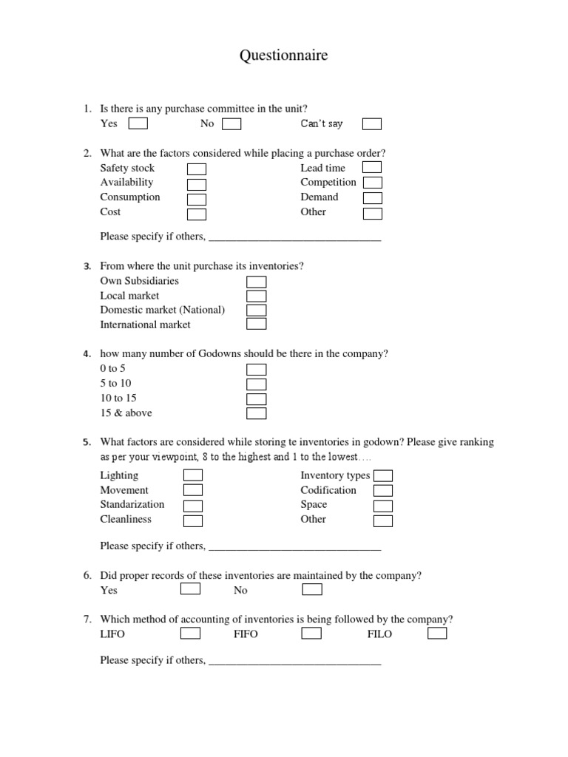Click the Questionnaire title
[x=283, y=55]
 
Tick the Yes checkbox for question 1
[x=138, y=123]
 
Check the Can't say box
[x=372, y=124]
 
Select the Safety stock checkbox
[x=196, y=169]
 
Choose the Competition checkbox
[x=372, y=183]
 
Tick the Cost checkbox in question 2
[x=196, y=214]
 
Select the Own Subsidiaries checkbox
[x=256, y=282]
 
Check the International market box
[x=256, y=325]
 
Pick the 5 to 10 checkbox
[x=256, y=384]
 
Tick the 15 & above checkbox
[x=256, y=413]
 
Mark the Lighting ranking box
[x=193, y=475]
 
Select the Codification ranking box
[x=382, y=491]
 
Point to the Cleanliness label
[x=126, y=519]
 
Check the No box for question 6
[x=312, y=589]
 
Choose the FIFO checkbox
[x=311, y=634]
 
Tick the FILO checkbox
[x=437, y=634]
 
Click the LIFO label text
[x=112, y=634]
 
